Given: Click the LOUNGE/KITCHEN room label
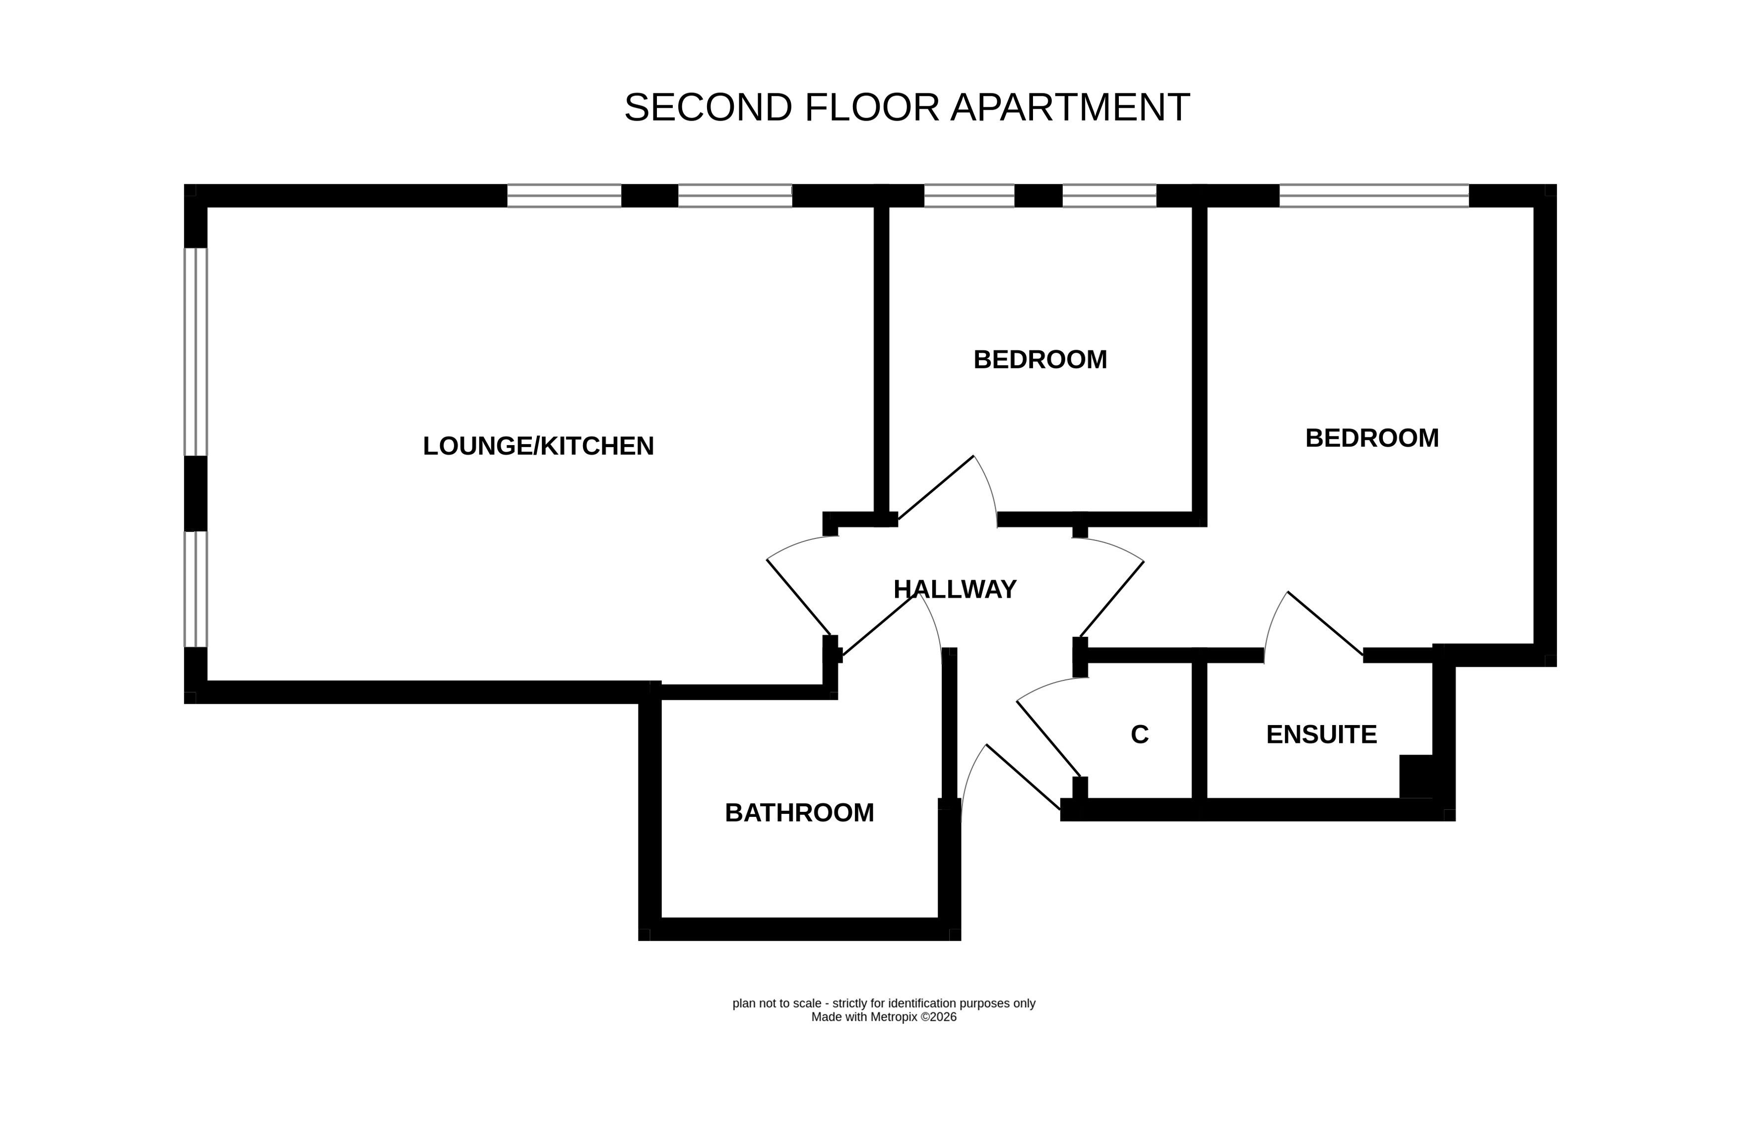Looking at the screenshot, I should (x=538, y=446).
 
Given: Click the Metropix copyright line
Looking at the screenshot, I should (x=884, y=1017).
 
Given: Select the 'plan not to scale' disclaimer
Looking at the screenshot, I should (x=884, y=1003).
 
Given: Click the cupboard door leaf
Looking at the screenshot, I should (x=1048, y=738).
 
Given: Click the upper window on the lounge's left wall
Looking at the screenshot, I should (x=195, y=352).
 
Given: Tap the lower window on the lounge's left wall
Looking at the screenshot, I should (x=195, y=589).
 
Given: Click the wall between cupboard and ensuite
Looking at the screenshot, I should (x=1199, y=730).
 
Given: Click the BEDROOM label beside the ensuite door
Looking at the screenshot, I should (x=1371, y=438).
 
